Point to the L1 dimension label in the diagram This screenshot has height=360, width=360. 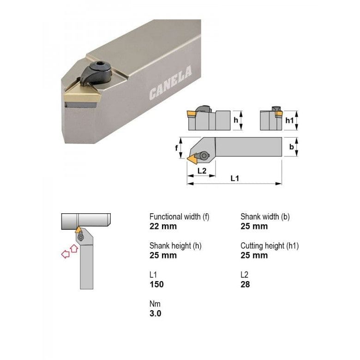coord(234,178)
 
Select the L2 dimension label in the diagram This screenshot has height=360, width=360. coord(202,171)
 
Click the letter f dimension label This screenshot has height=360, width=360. coord(177,148)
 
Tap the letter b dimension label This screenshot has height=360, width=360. coord(291,147)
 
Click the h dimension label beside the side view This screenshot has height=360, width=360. coord(236,120)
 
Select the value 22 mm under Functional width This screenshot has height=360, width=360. coord(163,226)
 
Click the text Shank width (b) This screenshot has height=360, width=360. coord(265,216)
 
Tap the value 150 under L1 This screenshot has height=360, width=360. coord(156,284)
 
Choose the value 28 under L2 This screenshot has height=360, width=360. coord(245,284)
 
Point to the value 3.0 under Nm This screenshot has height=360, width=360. coord(156,313)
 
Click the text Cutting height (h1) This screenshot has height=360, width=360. coord(270,246)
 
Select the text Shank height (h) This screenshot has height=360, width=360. coord(175,246)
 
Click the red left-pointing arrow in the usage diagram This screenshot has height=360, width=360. coord(66,253)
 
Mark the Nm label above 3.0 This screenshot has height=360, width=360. coord(155,304)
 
